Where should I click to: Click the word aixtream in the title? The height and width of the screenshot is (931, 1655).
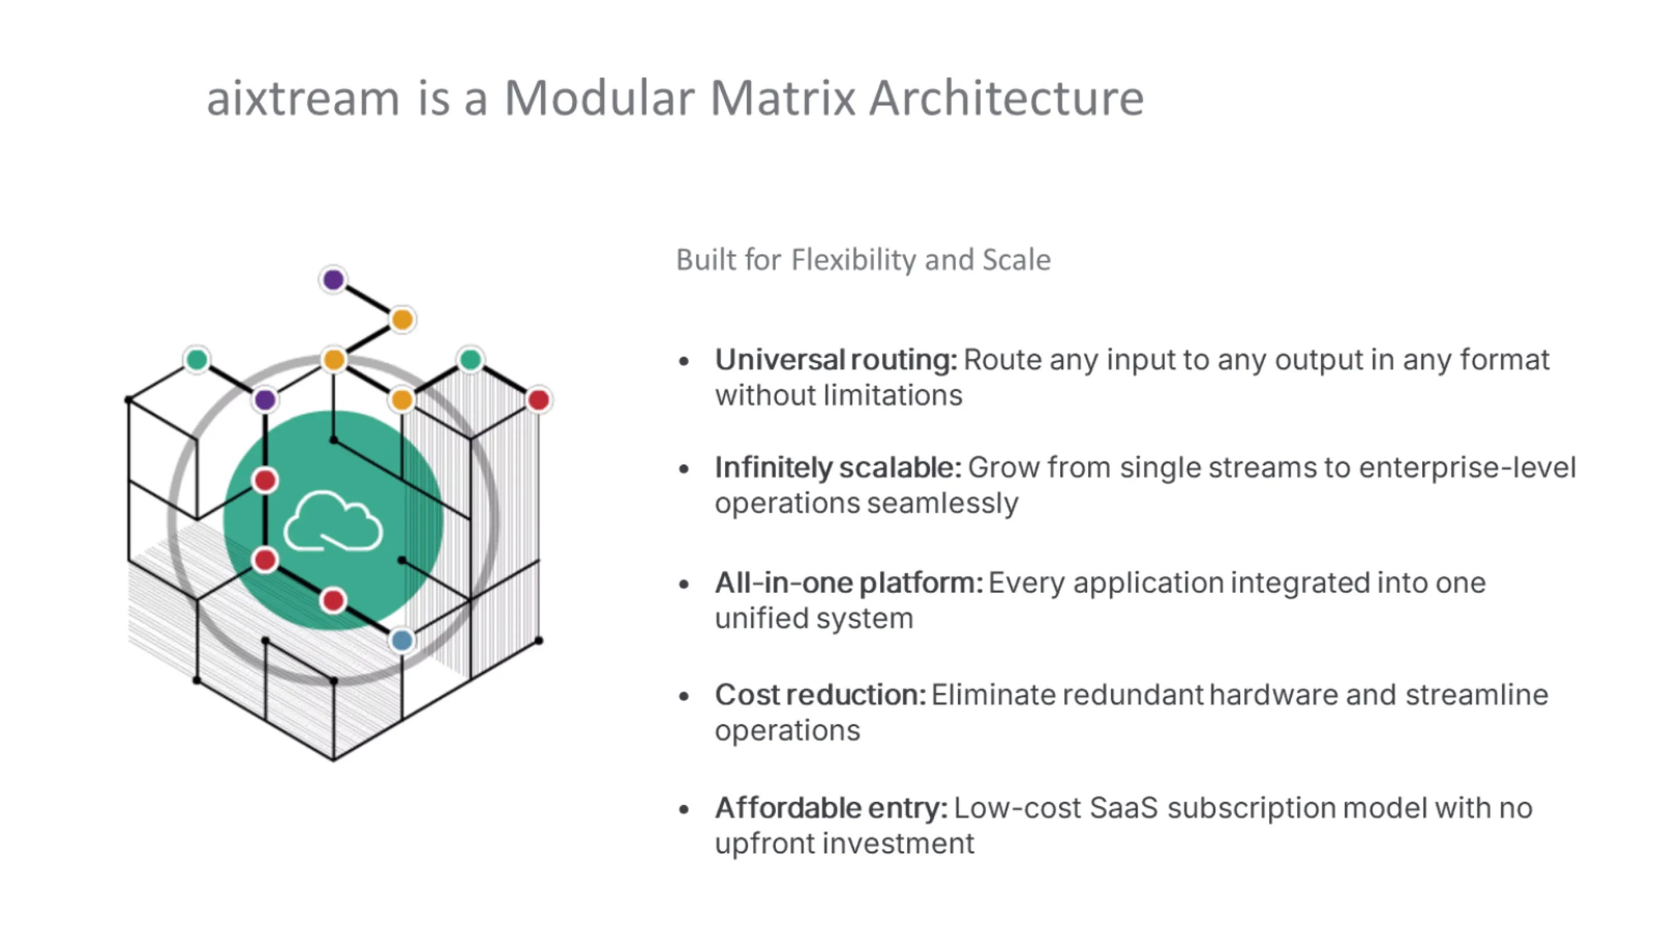tap(303, 100)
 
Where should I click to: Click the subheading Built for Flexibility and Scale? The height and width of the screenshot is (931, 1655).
tap(863, 260)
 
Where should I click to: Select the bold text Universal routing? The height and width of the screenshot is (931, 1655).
tap(836, 360)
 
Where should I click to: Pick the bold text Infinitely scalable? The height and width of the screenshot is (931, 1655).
tap(838, 468)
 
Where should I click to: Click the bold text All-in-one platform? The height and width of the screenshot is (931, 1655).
tap(848, 583)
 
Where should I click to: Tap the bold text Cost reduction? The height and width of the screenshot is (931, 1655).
tap(821, 695)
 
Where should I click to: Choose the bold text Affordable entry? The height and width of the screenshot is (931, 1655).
tap(831, 808)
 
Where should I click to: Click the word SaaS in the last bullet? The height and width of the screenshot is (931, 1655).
tap(1123, 808)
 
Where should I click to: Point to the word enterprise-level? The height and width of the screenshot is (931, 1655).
tap(1467, 468)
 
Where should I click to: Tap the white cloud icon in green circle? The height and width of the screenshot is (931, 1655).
tap(333, 522)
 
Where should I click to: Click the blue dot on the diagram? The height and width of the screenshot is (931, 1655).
tap(402, 640)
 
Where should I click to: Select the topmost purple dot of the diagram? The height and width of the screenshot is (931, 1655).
tap(333, 279)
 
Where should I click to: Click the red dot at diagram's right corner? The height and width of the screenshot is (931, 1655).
tap(538, 400)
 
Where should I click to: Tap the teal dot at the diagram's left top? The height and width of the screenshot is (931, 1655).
tap(197, 359)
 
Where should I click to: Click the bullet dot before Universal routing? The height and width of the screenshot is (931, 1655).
tap(684, 361)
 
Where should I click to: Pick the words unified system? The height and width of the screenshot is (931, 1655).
tap(814, 618)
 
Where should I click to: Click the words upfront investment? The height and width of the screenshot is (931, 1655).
tap(844, 844)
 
